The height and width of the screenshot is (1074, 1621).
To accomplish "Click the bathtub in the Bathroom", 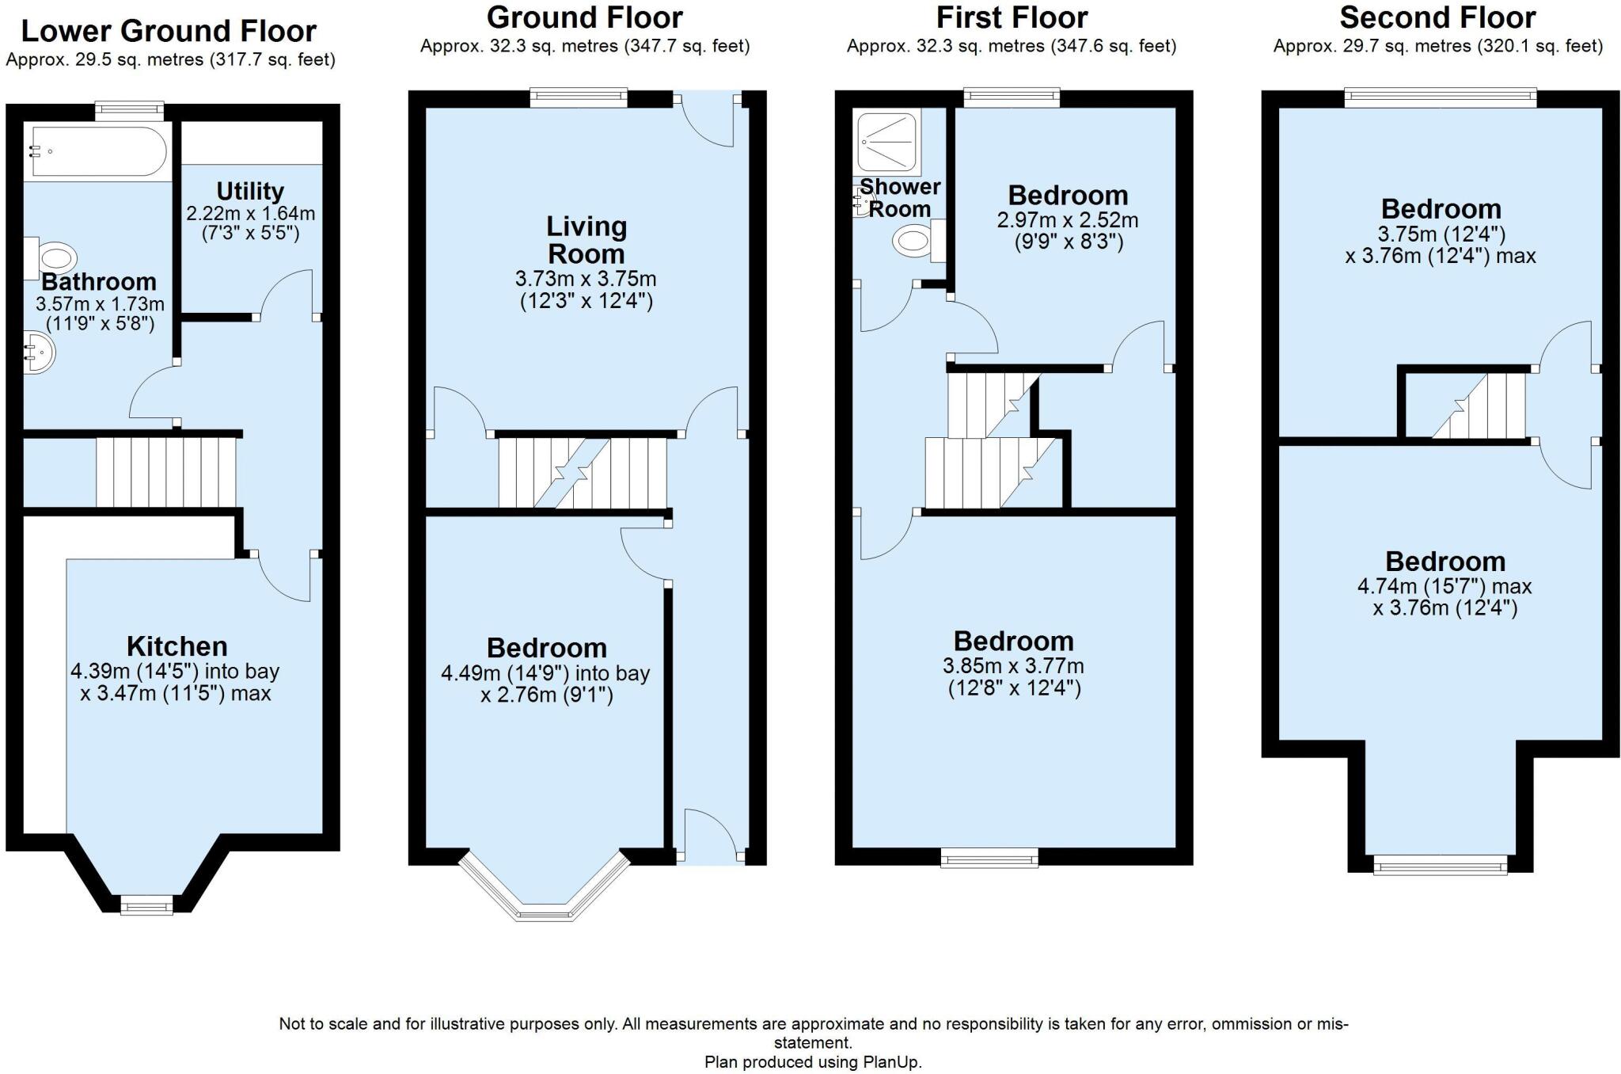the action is click(x=97, y=150).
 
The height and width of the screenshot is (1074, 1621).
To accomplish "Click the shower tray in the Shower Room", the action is click(x=889, y=142).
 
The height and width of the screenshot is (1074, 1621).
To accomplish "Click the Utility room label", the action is click(x=250, y=192).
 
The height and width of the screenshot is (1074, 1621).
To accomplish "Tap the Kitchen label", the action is click(x=177, y=646).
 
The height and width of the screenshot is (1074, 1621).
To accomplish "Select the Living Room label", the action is click(x=587, y=240).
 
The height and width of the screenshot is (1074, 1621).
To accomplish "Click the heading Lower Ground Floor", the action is click(x=169, y=31).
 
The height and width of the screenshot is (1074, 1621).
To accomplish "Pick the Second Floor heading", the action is click(x=1437, y=17).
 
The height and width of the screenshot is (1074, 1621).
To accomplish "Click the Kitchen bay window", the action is click(x=146, y=905).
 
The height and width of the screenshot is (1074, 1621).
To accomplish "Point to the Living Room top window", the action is click(x=579, y=98).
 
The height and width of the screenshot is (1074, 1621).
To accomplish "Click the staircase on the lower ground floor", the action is click(x=166, y=472).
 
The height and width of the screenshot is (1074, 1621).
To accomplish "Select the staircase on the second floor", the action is click(x=1478, y=406).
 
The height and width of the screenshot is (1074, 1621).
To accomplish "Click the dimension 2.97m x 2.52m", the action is click(x=1068, y=219).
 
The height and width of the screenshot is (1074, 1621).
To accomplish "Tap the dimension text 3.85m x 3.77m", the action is click(x=1014, y=666).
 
